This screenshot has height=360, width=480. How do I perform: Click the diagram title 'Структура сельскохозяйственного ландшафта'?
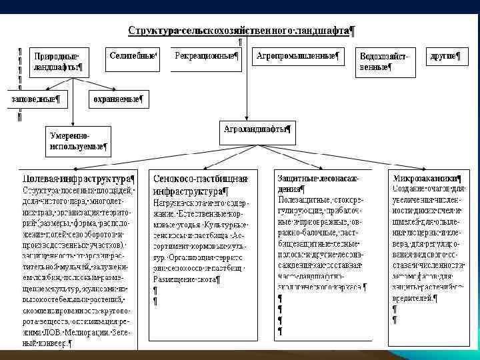point(241,31)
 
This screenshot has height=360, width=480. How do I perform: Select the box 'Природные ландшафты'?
point(58,61)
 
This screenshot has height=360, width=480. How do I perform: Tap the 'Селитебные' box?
point(133,57)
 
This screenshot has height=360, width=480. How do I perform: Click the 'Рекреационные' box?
point(206,57)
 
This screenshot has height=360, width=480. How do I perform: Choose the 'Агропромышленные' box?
point(297,57)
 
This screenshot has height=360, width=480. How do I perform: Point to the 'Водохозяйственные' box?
point(383,61)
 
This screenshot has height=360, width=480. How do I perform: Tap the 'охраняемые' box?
point(118,100)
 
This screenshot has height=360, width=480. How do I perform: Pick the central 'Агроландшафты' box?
point(256,130)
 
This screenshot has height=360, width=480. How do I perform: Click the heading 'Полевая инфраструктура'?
point(78,179)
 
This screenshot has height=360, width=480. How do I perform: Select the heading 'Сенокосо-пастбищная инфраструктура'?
point(200,183)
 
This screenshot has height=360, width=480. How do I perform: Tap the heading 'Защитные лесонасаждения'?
point(318,183)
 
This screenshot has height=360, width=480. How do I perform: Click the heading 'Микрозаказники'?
point(425,179)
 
